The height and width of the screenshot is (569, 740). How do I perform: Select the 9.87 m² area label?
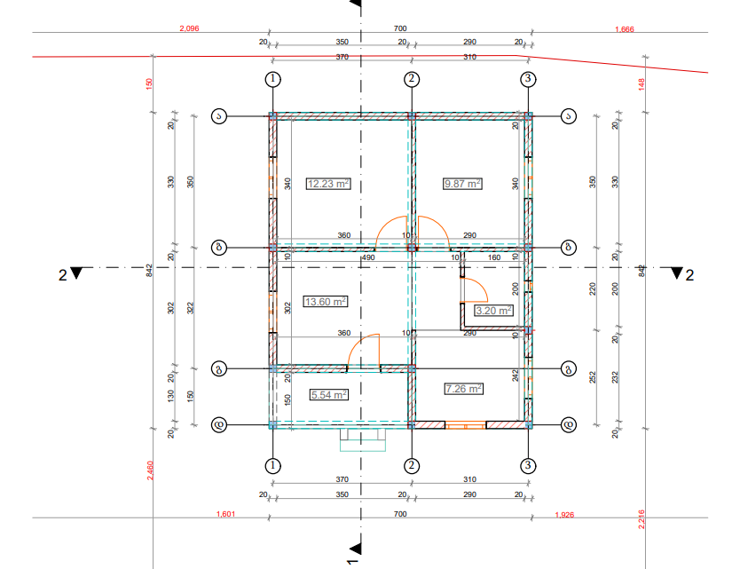tap(461, 184)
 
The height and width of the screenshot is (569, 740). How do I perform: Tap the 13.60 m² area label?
tap(325, 301)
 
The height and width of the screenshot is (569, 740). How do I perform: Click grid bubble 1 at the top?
tap(273, 79)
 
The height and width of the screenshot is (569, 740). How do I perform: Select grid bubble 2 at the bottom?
tap(412, 465)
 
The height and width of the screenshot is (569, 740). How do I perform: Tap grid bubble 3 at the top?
tap(528, 79)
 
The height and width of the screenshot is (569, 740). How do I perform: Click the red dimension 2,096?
tap(189, 29)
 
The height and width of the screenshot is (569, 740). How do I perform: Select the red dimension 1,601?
tap(226, 514)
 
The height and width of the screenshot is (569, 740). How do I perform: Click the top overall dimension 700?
tap(400, 29)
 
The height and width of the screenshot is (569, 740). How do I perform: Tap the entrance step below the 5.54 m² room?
tap(363, 439)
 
